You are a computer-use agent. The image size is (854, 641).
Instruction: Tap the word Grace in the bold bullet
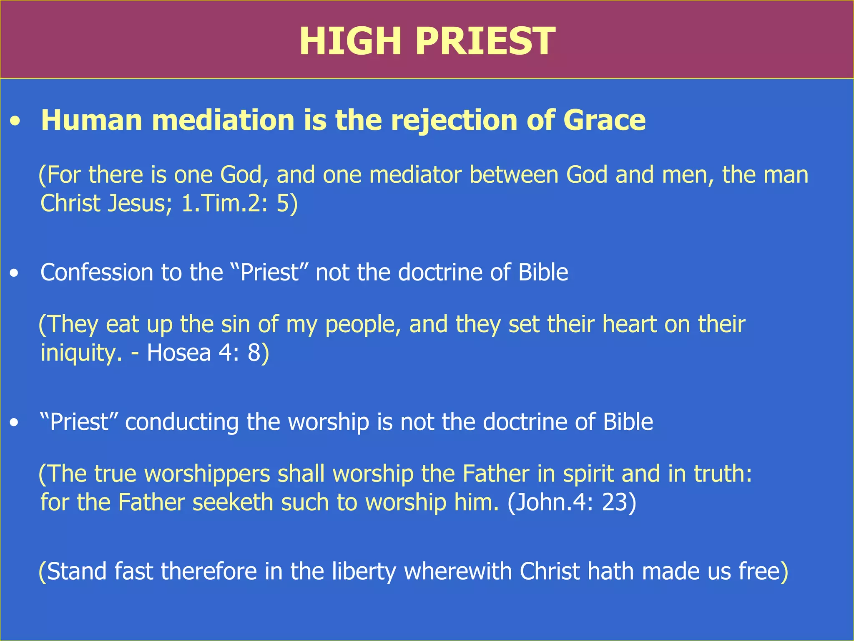[604, 120]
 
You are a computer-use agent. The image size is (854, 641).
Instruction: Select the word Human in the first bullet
[92, 120]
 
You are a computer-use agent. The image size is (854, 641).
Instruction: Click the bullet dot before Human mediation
[15, 122]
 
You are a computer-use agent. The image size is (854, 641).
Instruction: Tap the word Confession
[97, 273]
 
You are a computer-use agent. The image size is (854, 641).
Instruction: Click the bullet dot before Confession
[15, 274]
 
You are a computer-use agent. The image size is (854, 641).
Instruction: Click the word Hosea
[179, 352]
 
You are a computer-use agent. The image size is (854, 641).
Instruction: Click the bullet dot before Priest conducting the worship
[15, 423]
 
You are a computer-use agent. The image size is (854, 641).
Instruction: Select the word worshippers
[207, 474]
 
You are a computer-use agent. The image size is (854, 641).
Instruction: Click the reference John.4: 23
[572, 502]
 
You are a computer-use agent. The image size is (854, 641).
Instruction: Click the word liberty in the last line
[364, 572]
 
